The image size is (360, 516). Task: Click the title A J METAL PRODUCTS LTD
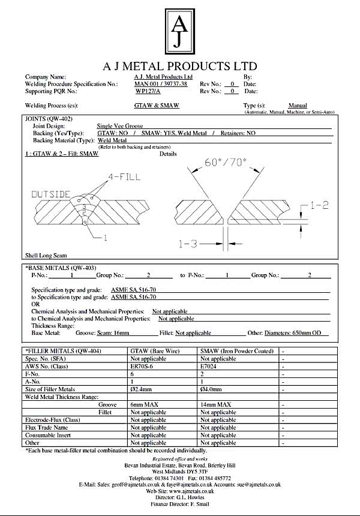pos(180,66)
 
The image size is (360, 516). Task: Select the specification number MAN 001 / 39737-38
pos(160,84)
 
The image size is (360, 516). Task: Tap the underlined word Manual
pos(298,105)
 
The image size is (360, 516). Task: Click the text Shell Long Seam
pos(44,255)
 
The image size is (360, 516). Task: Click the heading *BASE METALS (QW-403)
pos(61,268)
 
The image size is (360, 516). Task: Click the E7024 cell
pos(209,366)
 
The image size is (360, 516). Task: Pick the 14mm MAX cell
pos(215,405)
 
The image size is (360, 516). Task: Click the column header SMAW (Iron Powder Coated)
pos(236,350)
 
